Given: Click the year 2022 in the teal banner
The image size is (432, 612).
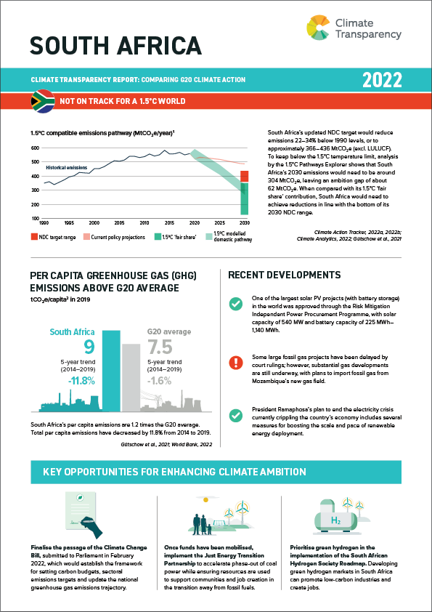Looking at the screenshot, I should pyautogui.click(x=382, y=79).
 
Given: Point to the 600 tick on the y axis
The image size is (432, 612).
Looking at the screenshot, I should pyautogui.click(x=35, y=148).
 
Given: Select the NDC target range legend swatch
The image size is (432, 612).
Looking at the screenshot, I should pyautogui.click(x=34, y=237).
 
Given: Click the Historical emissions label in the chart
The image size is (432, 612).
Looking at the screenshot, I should pyautogui.click(x=67, y=167).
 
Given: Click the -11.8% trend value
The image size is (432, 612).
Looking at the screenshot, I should pyautogui.click(x=79, y=381).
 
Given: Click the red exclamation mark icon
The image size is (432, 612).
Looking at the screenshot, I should pyautogui.click(x=235, y=363).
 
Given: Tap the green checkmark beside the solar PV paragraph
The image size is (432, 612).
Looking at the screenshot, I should pyautogui.click(x=235, y=304).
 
